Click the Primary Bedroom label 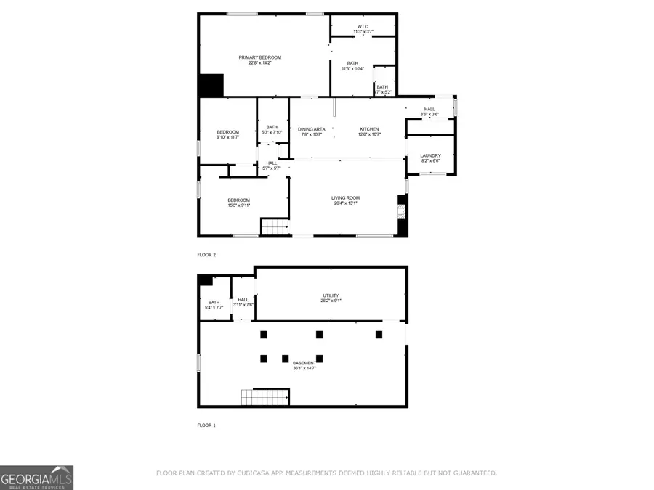259,60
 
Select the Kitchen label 369,131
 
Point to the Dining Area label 311,131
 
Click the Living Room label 345,200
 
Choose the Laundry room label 430,158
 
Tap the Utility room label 331,298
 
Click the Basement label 304,365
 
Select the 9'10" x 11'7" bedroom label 227,134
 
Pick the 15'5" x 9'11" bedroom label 238,203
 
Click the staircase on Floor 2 275,227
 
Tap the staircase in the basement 257,398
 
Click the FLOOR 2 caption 206,255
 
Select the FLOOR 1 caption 206,425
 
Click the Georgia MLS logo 36,478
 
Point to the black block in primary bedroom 211,85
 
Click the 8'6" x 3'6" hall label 429,111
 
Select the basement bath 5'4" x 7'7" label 214,305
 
